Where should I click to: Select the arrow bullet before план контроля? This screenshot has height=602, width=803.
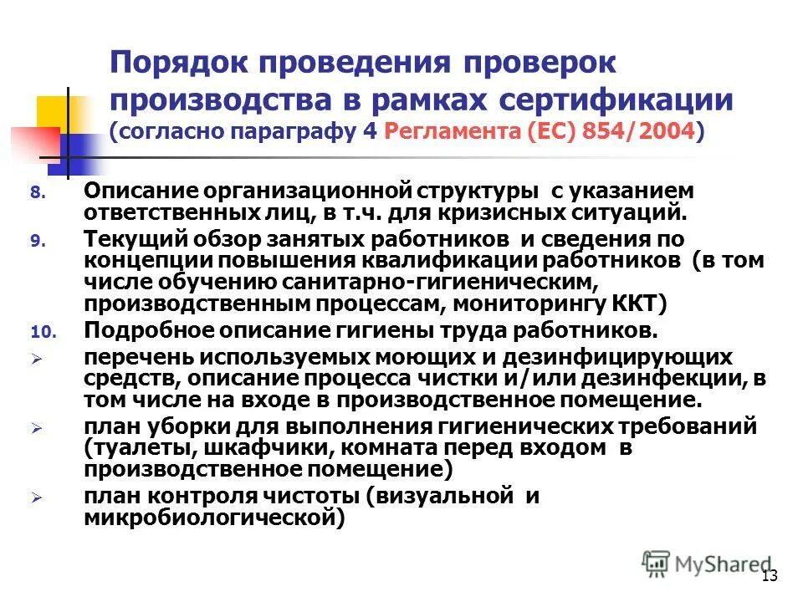[35, 497]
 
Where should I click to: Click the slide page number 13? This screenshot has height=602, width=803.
[770, 575]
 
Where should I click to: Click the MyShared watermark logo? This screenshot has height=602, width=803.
[707, 564]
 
